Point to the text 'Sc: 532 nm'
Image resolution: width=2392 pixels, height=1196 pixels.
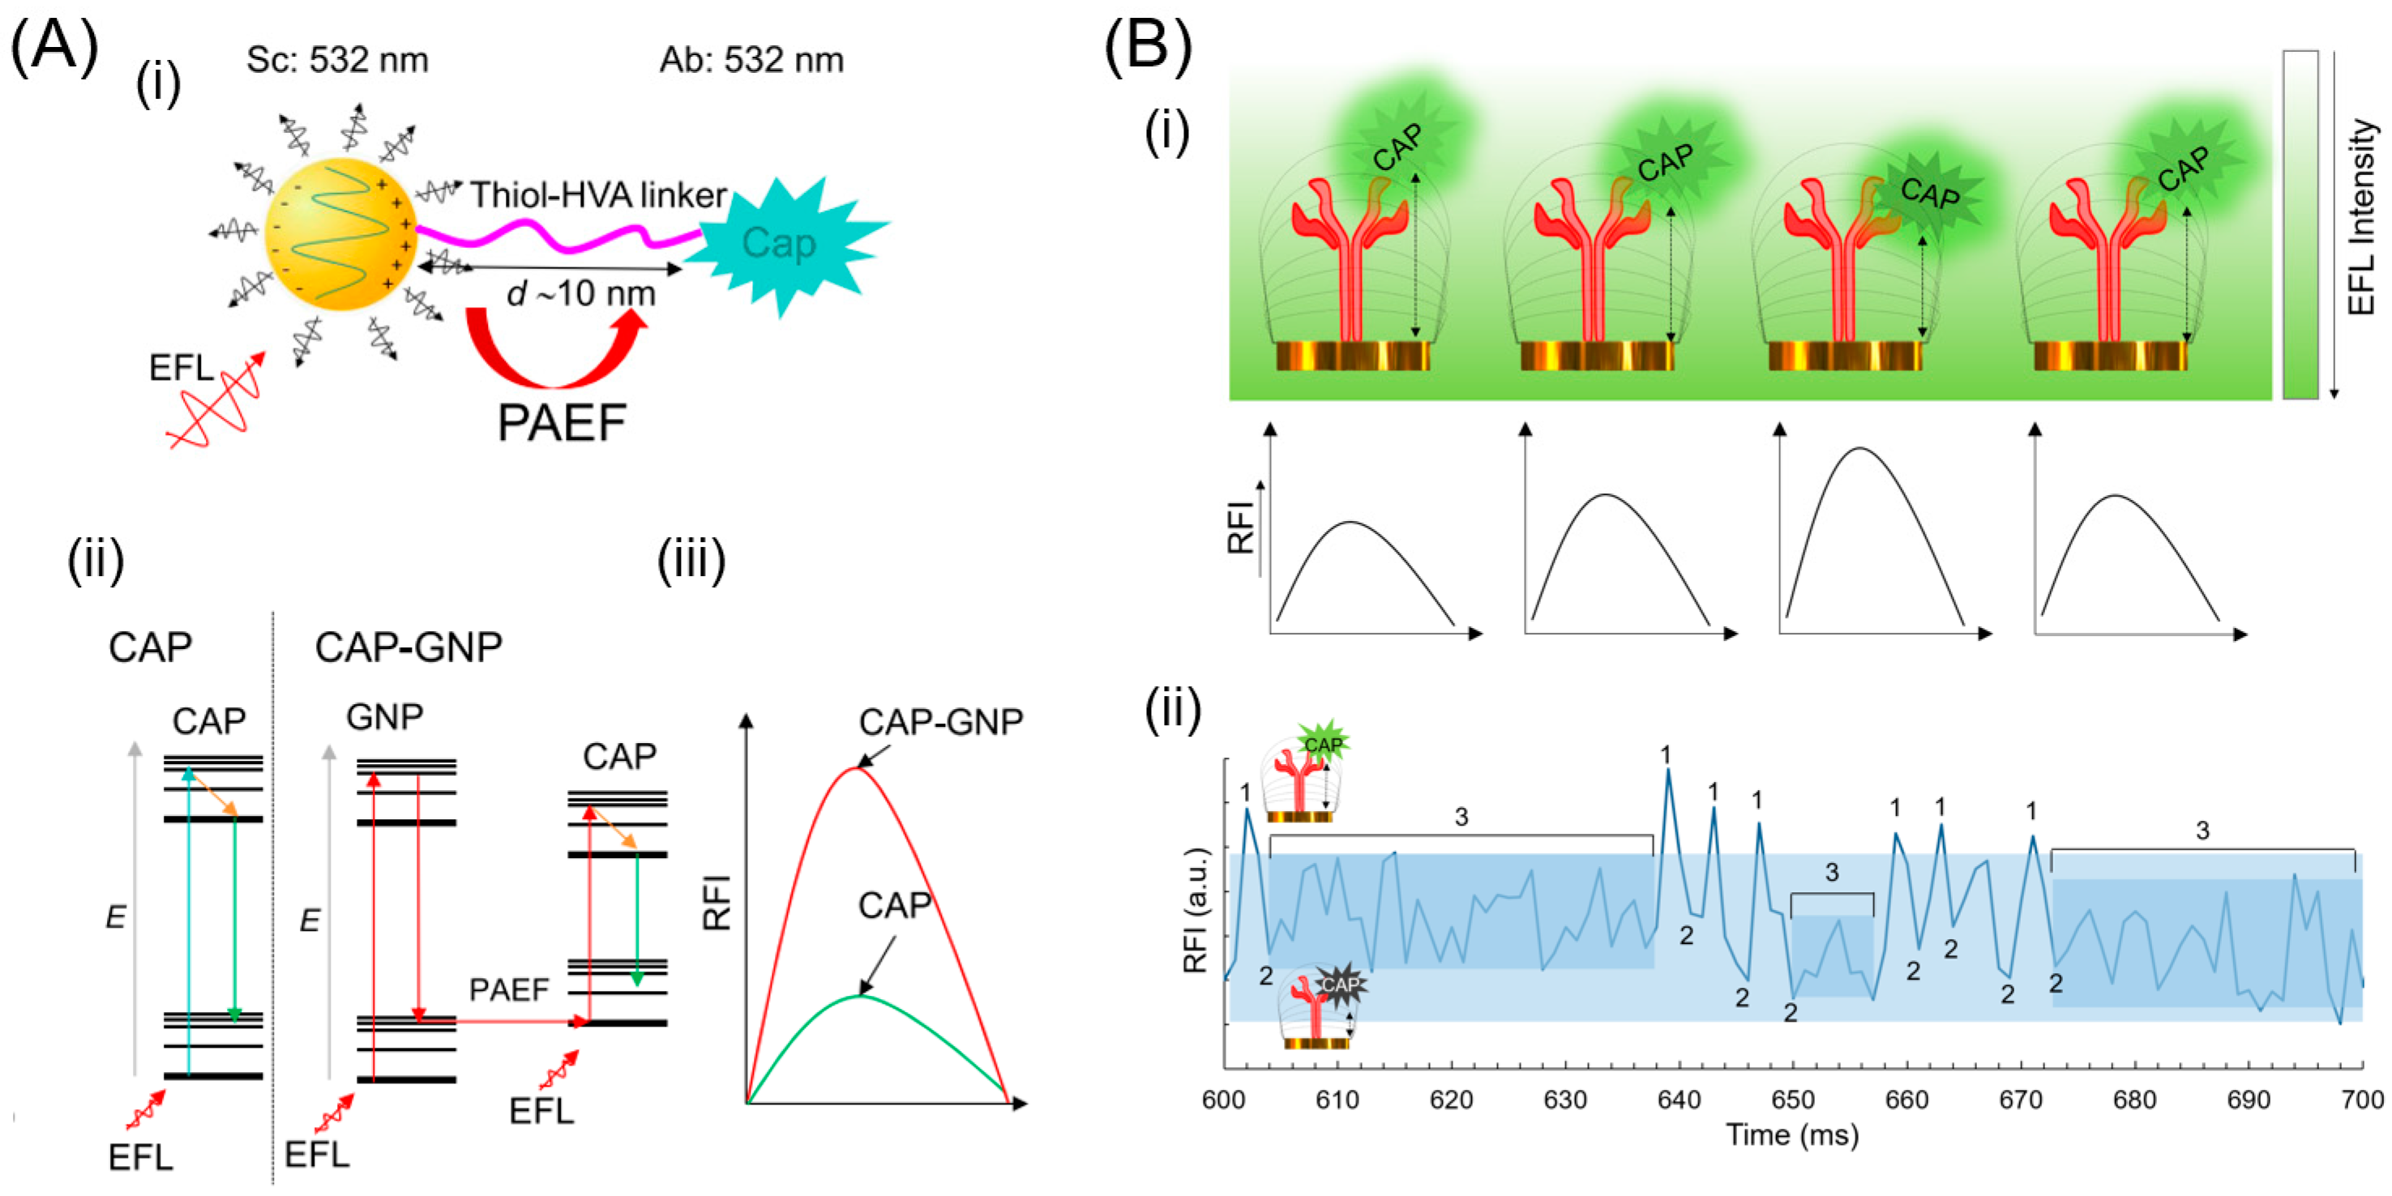337,60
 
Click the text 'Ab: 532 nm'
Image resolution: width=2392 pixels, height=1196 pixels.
751,60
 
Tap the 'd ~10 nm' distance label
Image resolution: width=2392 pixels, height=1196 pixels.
581,293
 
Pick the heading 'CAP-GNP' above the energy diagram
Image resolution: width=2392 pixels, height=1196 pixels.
409,647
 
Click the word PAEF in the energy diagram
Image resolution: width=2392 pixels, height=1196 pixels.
509,990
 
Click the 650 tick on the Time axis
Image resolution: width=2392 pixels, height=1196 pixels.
1792,1100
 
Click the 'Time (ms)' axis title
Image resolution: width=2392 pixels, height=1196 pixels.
1792,1134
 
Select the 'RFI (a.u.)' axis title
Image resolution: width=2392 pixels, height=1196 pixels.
1195,910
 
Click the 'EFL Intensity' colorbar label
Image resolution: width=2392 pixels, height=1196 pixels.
2361,218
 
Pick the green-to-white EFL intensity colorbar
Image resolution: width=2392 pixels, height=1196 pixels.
2301,224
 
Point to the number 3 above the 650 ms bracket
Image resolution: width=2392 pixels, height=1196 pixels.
1831,873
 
